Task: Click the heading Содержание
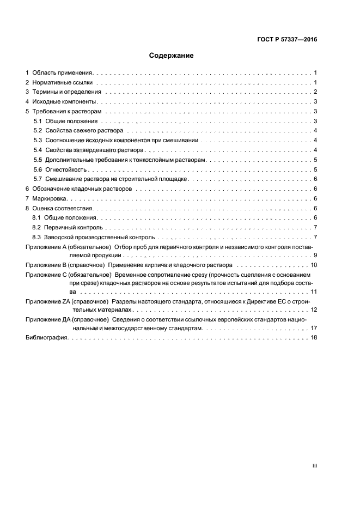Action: pyautogui.click(x=172, y=56)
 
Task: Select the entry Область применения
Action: pyautogui.click(x=63, y=72)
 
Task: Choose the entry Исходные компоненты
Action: pyautogui.click(x=64, y=102)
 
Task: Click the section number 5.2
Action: pyautogui.click(x=38, y=131)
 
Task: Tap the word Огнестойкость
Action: pyautogui.click(x=66, y=170)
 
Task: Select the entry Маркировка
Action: pyautogui.click(x=49, y=199)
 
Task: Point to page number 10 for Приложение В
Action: pyautogui.click(x=314, y=265)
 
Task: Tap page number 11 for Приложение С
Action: pyautogui.click(x=314, y=292)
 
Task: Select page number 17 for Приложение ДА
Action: pyautogui.click(x=314, y=329)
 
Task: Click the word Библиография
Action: pyautogui.click(x=46, y=338)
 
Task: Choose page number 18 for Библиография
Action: pyautogui.click(x=314, y=338)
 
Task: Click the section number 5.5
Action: pyautogui.click(x=38, y=160)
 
